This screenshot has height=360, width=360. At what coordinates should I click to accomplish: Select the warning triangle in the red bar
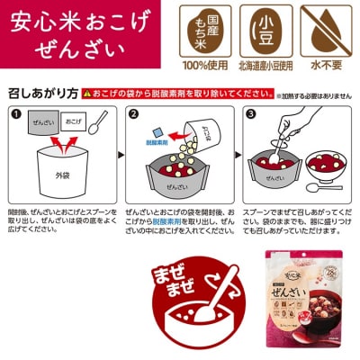pyautogui.click(x=87, y=93)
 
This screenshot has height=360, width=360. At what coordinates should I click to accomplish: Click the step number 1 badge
pyautogui.click(x=15, y=114)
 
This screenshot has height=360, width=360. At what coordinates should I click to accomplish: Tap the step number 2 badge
pyautogui.click(x=131, y=114)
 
